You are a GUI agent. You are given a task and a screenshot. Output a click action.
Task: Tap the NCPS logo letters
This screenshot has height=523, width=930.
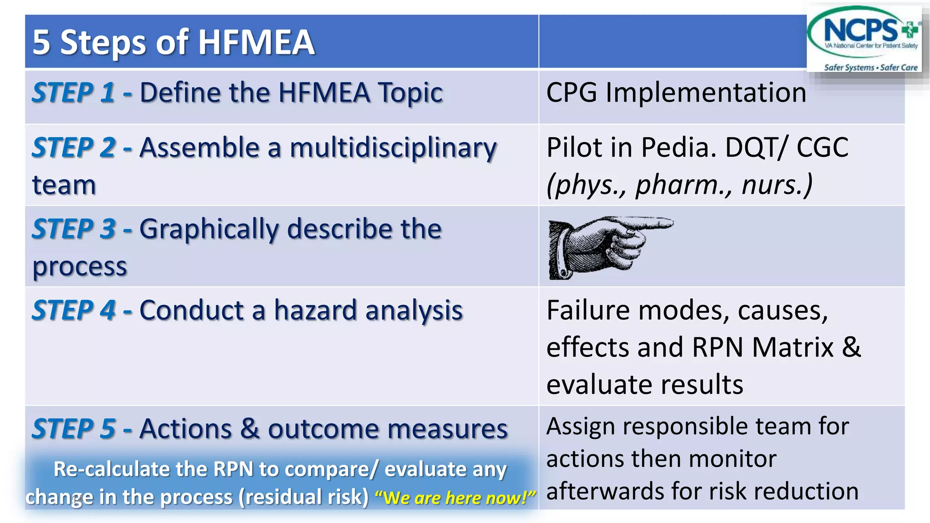[861, 30]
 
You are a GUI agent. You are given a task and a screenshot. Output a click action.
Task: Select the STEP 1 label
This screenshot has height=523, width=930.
[73, 93]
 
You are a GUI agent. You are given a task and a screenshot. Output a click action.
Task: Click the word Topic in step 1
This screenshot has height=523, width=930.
[411, 93]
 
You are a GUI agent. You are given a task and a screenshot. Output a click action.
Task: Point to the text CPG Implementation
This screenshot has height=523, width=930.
[676, 93]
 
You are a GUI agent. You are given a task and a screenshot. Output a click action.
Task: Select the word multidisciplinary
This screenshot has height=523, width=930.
[393, 149]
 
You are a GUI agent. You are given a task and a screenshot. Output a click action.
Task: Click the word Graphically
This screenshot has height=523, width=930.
[208, 230]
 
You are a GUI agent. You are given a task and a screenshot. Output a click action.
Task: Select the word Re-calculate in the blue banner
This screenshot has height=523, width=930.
[106, 469]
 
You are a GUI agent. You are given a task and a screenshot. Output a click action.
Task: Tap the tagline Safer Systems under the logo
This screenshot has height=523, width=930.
[848, 68]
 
